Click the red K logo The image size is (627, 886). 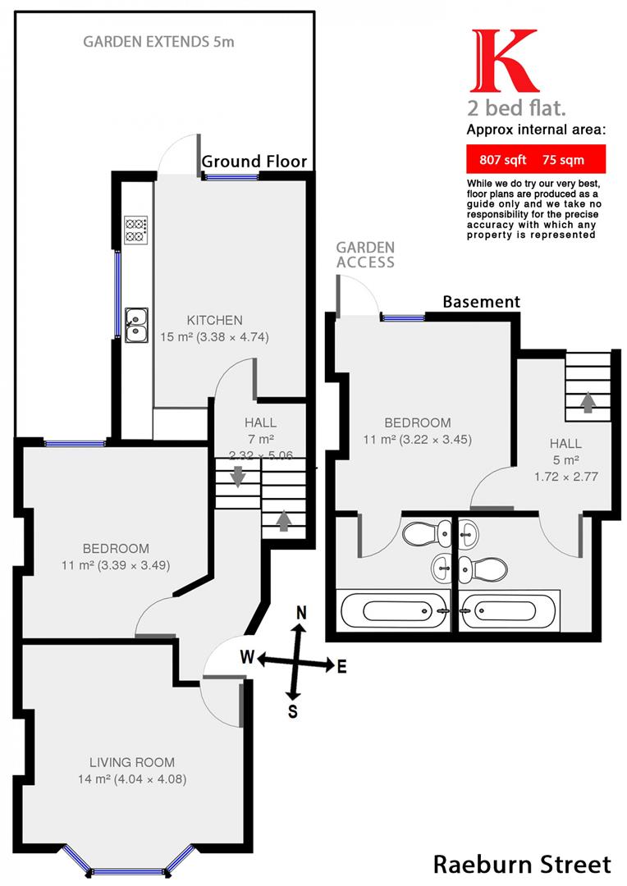(x=504, y=61)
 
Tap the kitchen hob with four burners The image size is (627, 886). (x=135, y=230)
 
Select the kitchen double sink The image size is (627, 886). (x=136, y=326)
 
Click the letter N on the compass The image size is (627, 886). (x=301, y=613)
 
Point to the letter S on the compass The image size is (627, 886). (x=292, y=711)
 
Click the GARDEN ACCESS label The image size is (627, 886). (x=365, y=255)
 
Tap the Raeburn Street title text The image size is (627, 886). (x=522, y=865)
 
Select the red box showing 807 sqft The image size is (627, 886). (x=535, y=159)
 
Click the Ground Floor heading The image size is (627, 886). (x=254, y=162)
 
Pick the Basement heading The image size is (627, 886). (x=481, y=302)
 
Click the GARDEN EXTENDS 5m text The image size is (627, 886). (x=158, y=42)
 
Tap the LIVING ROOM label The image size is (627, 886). (x=132, y=762)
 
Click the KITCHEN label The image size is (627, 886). (x=214, y=321)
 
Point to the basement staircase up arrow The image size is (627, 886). (x=588, y=402)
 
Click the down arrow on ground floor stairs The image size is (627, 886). (x=238, y=476)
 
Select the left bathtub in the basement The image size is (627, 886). (x=393, y=611)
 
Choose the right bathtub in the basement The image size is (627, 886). (x=509, y=611)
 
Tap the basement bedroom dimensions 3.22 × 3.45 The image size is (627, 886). (x=436, y=440)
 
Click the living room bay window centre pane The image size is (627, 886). (x=128, y=871)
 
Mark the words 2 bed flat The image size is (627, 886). (x=516, y=107)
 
